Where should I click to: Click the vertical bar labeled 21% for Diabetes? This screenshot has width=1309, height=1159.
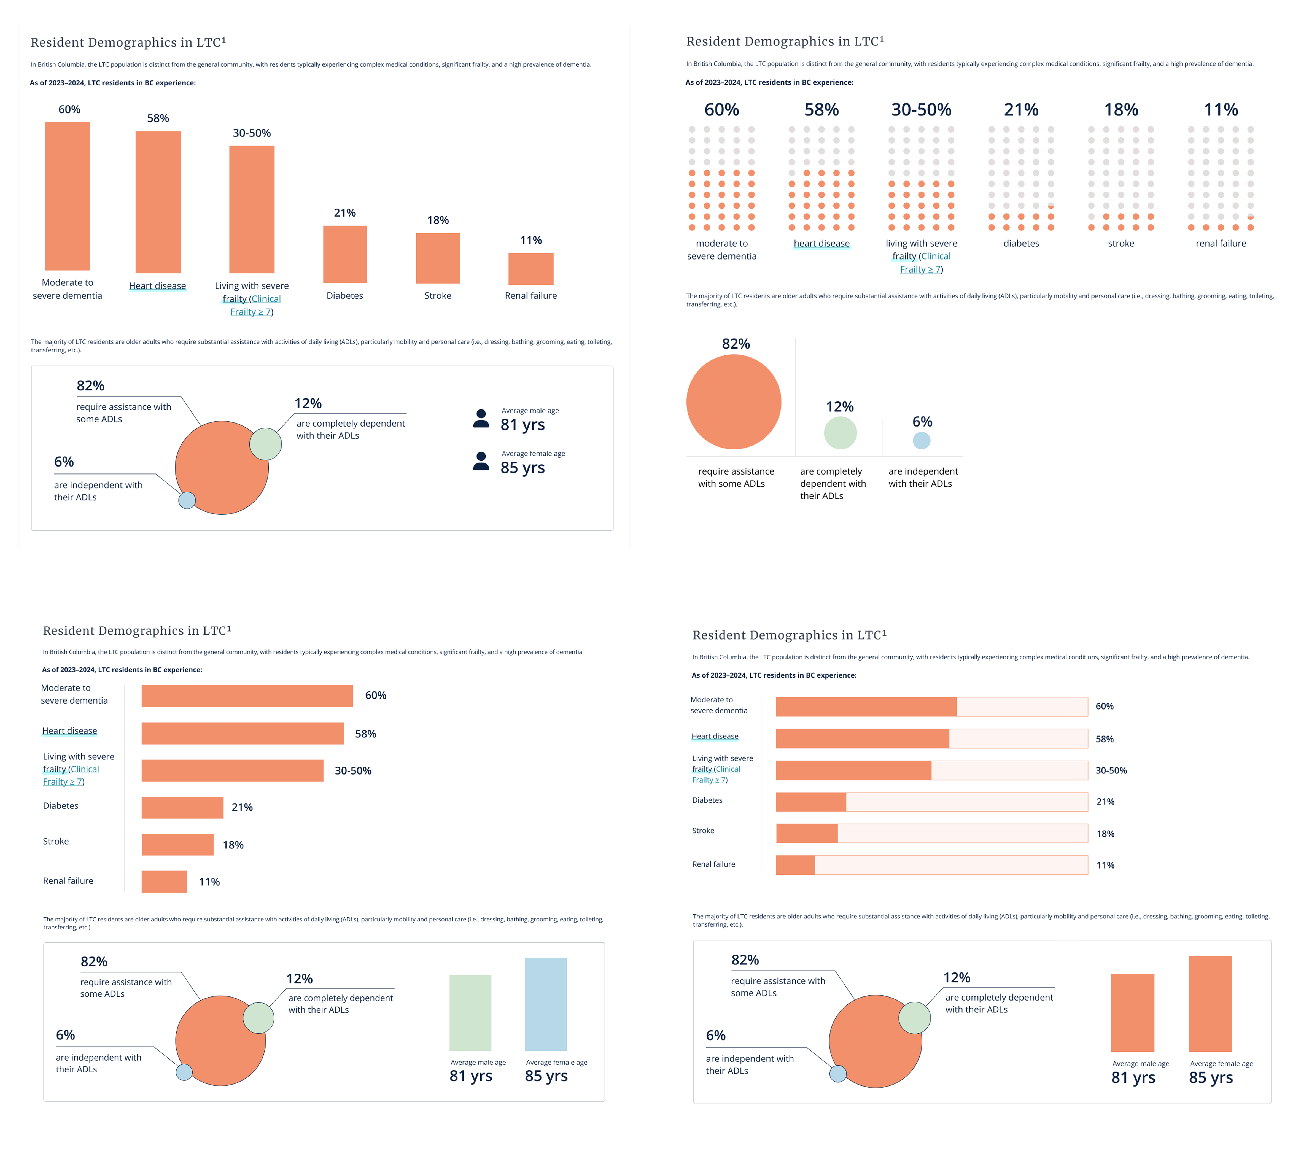tap(344, 254)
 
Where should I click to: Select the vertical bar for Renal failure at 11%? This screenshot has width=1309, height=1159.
tap(531, 269)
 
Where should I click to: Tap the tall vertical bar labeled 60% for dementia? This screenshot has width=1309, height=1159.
tap(67, 196)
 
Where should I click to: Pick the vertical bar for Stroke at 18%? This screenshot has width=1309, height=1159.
tap(438, 258)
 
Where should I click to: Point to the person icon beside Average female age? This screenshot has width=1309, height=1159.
tap(481, 461)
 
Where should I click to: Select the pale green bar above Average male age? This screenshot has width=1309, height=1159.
tap(470, 1012)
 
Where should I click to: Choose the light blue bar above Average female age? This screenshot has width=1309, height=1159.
tap(546, 1004)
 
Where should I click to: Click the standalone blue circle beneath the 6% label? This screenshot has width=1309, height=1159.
tap(921, 441)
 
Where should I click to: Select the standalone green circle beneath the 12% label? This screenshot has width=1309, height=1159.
tap(840, 433)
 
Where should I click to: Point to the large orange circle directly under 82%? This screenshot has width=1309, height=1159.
tap(734, 402)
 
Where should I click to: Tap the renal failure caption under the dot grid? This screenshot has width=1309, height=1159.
tap(1221, 243)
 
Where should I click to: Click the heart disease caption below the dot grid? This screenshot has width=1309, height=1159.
tap(822, 243)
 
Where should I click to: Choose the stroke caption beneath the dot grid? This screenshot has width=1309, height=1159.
tap(1121, 243)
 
